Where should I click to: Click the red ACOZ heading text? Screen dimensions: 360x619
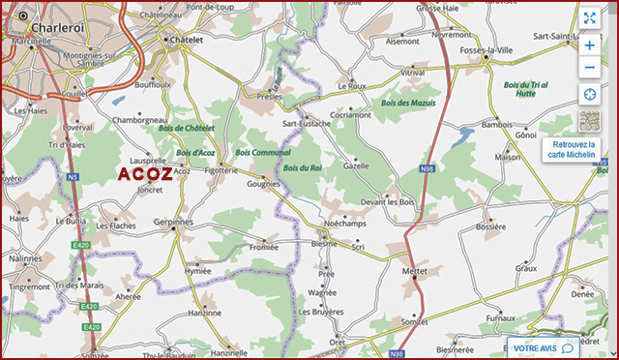pos(145,174)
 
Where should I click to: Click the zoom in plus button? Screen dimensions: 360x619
pos(589,44)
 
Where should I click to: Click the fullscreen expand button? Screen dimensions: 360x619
pos(589,17)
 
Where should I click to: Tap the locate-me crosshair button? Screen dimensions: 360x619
pos(589,94)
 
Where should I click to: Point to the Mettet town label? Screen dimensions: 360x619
pos(414,273)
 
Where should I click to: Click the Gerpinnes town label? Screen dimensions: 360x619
pos(175,222)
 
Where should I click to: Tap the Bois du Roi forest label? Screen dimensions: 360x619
pos(303,168)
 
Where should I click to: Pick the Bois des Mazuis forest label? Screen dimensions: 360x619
pos(408,103)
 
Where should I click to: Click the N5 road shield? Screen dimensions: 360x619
pos(72,177)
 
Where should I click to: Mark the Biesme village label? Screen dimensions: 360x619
pos(325,244)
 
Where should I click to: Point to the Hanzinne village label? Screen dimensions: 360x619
pos(204,313)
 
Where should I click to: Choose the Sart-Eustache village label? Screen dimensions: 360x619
pos(306,124)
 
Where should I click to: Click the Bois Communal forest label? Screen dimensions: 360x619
pos(263,153)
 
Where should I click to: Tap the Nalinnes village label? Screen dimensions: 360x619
pos(24,259)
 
